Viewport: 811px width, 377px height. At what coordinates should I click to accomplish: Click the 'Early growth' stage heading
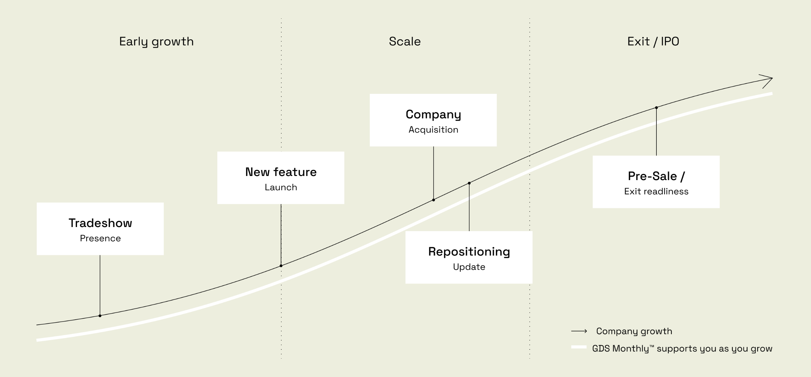(x=156, y=42)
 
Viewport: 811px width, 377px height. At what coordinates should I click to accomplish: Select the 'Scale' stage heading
(x=405, y=42)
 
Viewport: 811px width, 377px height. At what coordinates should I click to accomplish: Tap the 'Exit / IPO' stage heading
(x=653, y=42)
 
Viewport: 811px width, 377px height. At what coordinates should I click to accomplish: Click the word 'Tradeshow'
(x=100, y=223)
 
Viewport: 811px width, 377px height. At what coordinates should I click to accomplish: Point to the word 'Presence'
(x=100, y=238)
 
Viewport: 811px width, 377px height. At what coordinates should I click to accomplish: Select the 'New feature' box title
(x=281, y=172)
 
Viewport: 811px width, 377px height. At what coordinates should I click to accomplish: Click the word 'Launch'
(x=281, y=187)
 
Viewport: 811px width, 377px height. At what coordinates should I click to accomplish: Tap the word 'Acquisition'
(x=433, y=129)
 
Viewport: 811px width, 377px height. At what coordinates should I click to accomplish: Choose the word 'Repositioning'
(x=469, y=251)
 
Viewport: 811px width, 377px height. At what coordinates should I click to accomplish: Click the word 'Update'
(x=469, y=267)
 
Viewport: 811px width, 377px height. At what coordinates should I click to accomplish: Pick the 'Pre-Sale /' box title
(x=656, y=176)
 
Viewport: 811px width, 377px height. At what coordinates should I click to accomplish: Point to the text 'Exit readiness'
(x=656, y=191)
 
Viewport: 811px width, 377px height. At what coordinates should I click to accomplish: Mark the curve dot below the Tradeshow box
(x=100, y=316)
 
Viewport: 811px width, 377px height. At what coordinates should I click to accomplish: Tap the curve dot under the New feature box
(x=281, y=266)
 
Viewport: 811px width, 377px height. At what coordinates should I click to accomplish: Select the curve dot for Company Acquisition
(x=433, y=200)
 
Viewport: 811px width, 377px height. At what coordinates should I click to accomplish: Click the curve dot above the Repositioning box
(x=469, y=183)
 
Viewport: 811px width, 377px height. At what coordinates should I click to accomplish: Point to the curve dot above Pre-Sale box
(x=656, y=108)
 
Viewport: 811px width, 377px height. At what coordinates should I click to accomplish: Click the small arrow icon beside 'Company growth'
(x=579, y=331)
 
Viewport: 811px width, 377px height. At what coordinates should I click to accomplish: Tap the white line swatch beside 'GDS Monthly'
(x=579, y=347)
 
